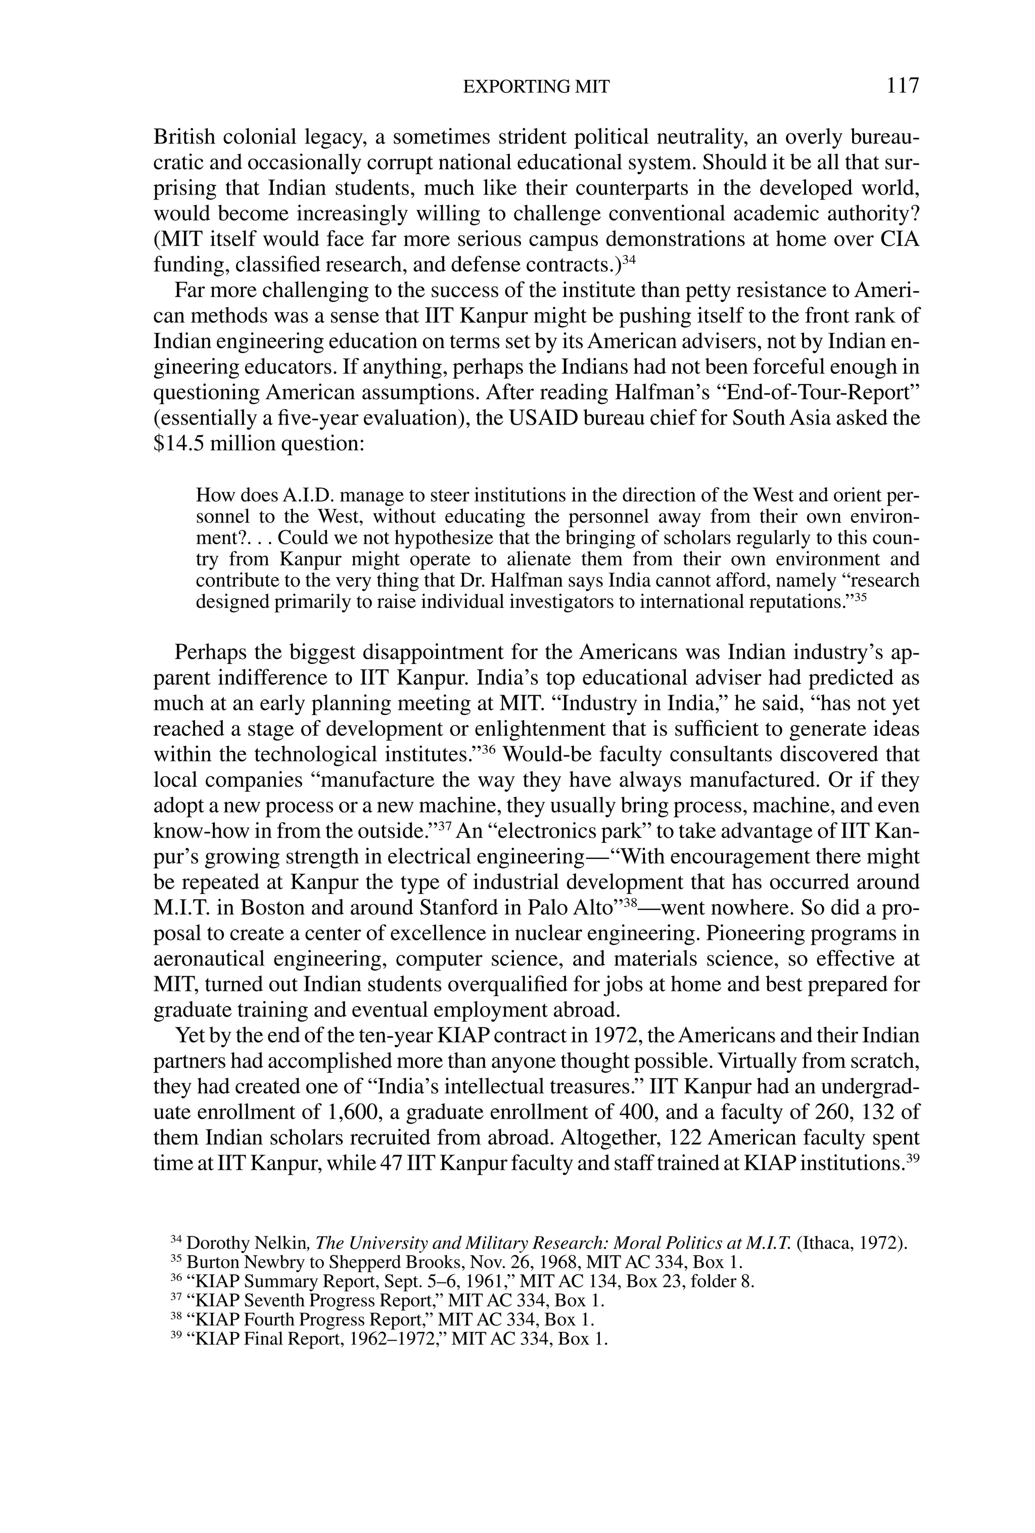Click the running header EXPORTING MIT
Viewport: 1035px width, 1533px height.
pos(536,87)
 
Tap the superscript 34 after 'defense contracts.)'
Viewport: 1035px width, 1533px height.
pos(628,259)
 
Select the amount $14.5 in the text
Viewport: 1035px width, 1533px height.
pos(175,443)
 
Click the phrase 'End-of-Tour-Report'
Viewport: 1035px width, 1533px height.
pos(817,393)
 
